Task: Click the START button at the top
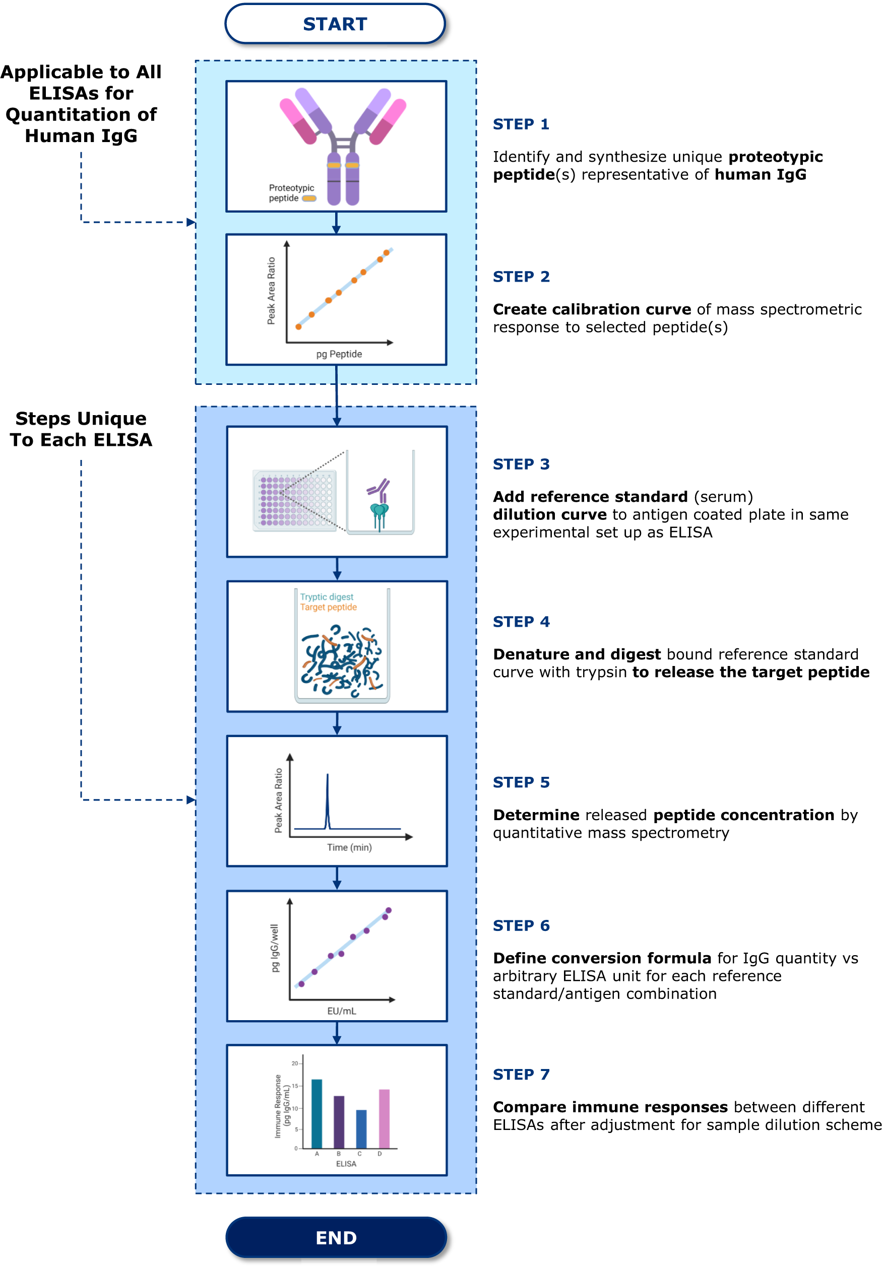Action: tap(335, 24)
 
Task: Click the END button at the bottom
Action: tap(336, 1238)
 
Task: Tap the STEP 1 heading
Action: tap(521, 124)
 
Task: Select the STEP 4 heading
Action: tap(521, 622)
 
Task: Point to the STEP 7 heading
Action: tap(521, 1074)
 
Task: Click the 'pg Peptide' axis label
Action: tap(339, 354)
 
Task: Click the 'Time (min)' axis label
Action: tap(349, 847)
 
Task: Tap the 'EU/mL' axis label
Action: tap(341, 1011)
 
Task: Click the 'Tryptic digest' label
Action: tap(327, 597)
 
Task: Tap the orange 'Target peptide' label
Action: tap(328, 608)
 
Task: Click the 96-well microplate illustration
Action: tap(294, 500)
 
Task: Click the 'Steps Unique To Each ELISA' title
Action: tap(81, 429)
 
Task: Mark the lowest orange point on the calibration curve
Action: tap(298, 327)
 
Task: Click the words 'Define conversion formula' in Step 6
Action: tap(602, 958)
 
